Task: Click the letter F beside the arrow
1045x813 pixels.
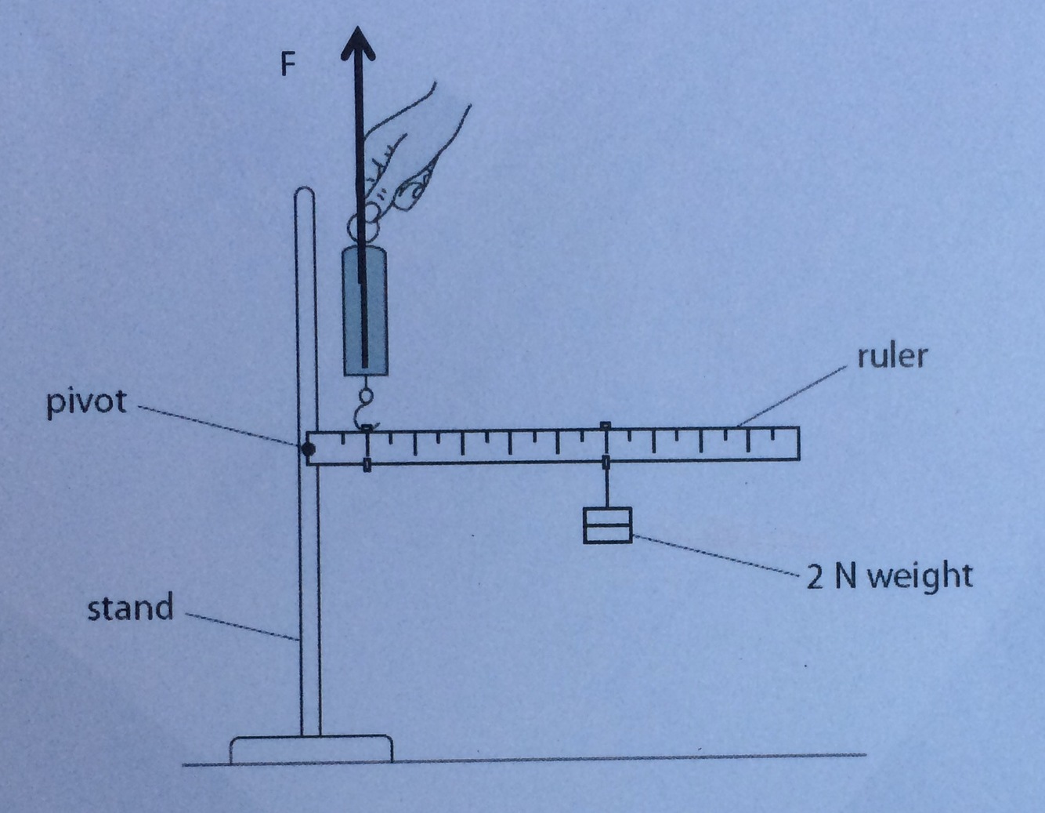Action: [288, 64]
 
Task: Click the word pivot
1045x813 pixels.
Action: [86, 402]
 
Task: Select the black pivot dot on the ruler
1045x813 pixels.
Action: [309, 448]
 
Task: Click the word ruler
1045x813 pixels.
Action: [891, 356]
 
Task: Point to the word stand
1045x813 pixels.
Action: [130, 608]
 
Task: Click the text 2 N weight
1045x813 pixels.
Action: [890, 576]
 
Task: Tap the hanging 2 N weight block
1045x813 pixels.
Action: [607, 525]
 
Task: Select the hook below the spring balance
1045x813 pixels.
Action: [363, 408]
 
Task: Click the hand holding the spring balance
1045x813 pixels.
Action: [407, 157]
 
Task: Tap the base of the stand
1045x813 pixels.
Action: [311, 749]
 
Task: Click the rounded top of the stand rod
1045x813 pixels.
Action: [304, 194]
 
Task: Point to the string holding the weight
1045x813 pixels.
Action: [606, 488]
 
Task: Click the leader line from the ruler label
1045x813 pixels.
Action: [795, 395]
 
